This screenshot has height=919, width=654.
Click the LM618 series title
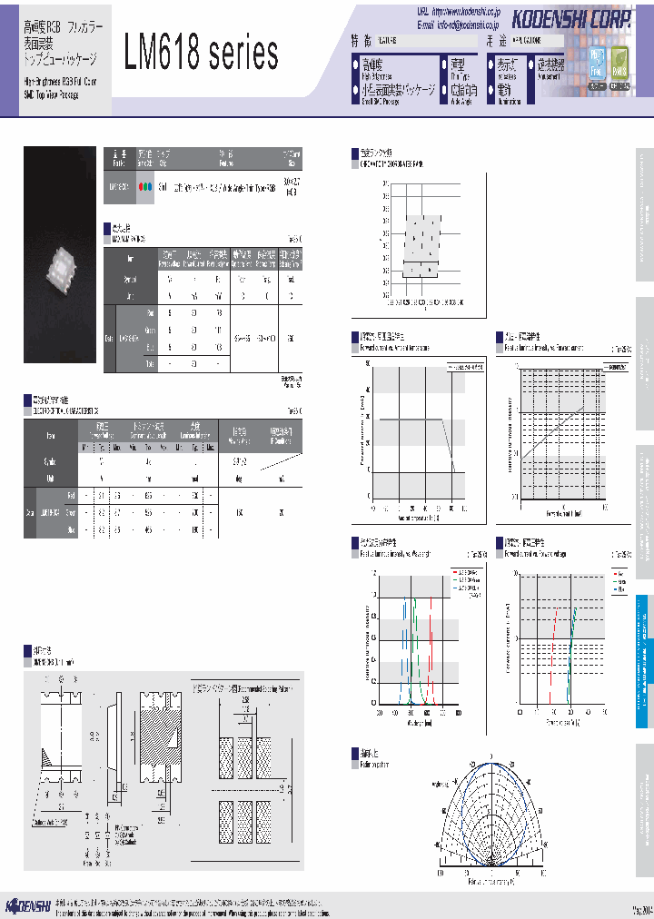point(201,55)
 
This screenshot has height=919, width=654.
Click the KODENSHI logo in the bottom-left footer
point(28,904)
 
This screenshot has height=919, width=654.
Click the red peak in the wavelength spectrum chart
point(432,627)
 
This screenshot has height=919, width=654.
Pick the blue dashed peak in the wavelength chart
point(404,627)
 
